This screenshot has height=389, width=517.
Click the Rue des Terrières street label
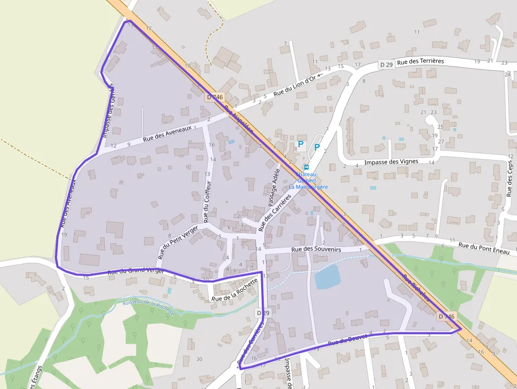(x=420, y=61)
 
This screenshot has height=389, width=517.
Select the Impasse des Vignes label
(x=391, y=162)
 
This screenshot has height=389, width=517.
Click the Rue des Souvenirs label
(x=316, y=249)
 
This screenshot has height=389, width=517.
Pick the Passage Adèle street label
(x=273, y=187)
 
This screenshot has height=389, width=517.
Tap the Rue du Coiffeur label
(x=207, y=201)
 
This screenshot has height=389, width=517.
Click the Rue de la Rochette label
(x=234, y=290)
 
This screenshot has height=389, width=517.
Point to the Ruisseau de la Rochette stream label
(x=148, y=307)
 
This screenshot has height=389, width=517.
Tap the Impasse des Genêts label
(x=109, y=110)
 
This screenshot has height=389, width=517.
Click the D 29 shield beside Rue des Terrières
(x=386, y=64)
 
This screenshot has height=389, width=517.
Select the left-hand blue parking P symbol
(x=301, y=144)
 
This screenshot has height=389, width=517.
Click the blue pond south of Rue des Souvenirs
(x=327, y=277)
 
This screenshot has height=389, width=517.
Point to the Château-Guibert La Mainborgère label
(x=308, y=181)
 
